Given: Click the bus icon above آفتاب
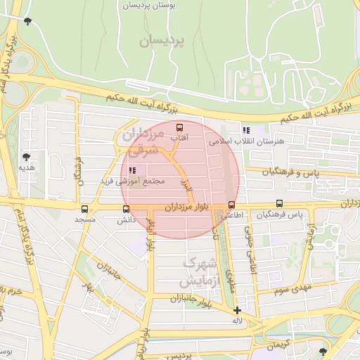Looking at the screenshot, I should click(x=179, y=128).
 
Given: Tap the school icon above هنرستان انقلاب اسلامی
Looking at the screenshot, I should click(x=245, y=130).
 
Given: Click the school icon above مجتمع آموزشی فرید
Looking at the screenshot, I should click(x=133, y=170).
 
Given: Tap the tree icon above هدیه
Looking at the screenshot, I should click(x=27, y=157).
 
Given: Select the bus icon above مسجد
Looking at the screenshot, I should click(x=85, y=209).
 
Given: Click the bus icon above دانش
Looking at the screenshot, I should click(x=126, y=209).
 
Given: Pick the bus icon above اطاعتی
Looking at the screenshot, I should click(x=231, y=205).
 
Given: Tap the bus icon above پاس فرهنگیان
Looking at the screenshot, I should click(x=280, y=204).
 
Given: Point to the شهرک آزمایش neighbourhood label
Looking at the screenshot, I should click(x=199, y=271).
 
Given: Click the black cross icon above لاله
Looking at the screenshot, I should click(x=237, y=310).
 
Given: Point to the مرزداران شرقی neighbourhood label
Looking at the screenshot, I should click(x=143, y=141).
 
